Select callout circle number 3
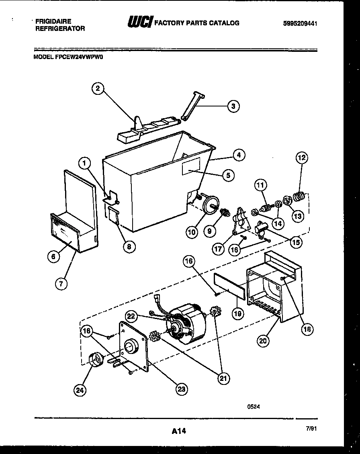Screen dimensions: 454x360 coord(233,106)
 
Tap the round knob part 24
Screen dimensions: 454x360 coord(95,358)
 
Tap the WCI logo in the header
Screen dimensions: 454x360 coord(139,22)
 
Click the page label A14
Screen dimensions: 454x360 coord(179,432)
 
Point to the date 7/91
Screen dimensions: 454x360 coord(311,429)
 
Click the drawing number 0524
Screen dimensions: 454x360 coord(253,406)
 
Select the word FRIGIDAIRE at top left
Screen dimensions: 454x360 coord(53,21)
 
